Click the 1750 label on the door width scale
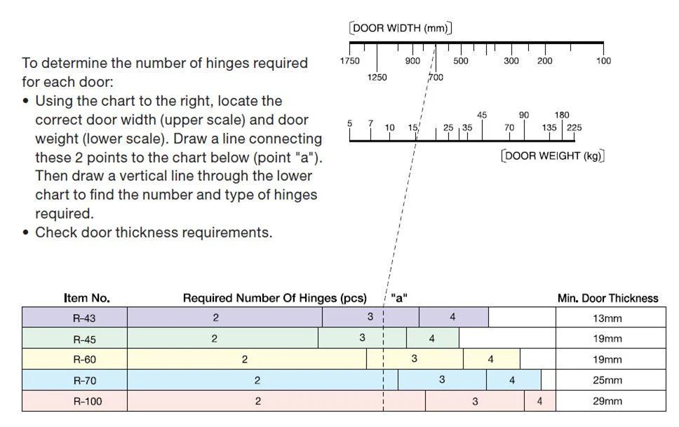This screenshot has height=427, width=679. (x=349, y=61)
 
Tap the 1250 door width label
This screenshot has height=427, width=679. (x=377, y=77)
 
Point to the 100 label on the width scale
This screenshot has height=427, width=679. (x=603, y=61)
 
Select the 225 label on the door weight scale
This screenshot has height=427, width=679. (x=574, y=128)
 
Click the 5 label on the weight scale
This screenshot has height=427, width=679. (x=349, y=123)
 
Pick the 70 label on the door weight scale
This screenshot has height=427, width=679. (x=509, y=128)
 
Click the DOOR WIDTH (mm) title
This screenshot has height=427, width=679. (x=400, y=29)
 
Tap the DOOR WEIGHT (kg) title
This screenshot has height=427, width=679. (x=553, y=156)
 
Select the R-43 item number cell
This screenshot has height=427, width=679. (x=74, y=318)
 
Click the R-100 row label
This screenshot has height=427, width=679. (x=74, y=402)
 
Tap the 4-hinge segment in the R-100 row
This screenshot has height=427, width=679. (x=539, y=401)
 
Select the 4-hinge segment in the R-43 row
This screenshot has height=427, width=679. (x=453, y=317)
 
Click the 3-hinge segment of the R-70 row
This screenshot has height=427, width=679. (x=442, y=380)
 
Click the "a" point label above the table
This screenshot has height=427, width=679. (x=398, y=298)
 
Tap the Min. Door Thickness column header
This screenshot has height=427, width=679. (x=607, y=298)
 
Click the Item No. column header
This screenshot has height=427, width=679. (x=87, y=298)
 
